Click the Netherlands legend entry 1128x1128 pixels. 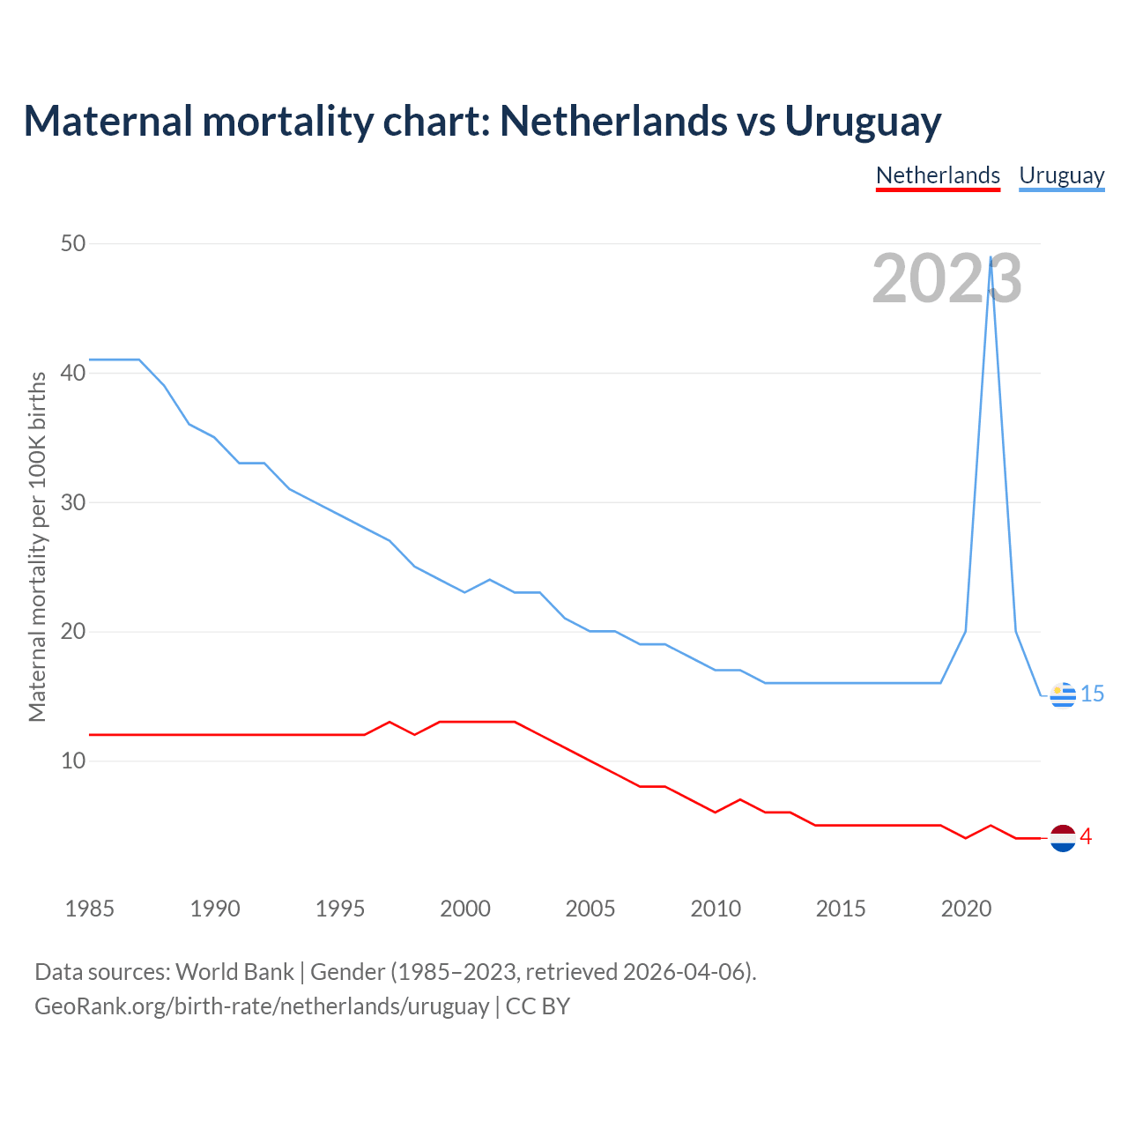(x=938, y=175)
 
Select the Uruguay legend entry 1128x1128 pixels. (x=1061, y=175)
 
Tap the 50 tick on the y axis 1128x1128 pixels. (x=72, y=243)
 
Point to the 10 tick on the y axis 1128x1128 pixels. (x=72, y=761)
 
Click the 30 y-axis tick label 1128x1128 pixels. (x=72, y=502)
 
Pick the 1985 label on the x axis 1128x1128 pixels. (x=89, y=909)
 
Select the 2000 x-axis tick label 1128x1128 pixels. (x=465, y=909)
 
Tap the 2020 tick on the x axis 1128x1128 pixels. (x=966, y=909)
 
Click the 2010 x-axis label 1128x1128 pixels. (x=716, y=909)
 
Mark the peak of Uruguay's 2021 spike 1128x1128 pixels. (x=991, y=257)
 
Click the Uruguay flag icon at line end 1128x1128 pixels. (x=1063, y=695)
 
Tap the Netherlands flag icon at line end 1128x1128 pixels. (x=1063, y=838)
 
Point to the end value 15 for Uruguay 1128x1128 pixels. (x=1092, y=694)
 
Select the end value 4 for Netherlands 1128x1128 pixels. (x=1087, y=837)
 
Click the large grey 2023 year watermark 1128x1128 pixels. (x=946, y=278)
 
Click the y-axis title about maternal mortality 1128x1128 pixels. (x=37, y=546)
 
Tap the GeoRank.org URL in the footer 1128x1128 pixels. (x=262, y=1006)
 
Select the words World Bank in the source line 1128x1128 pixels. (x=234, y=971)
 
